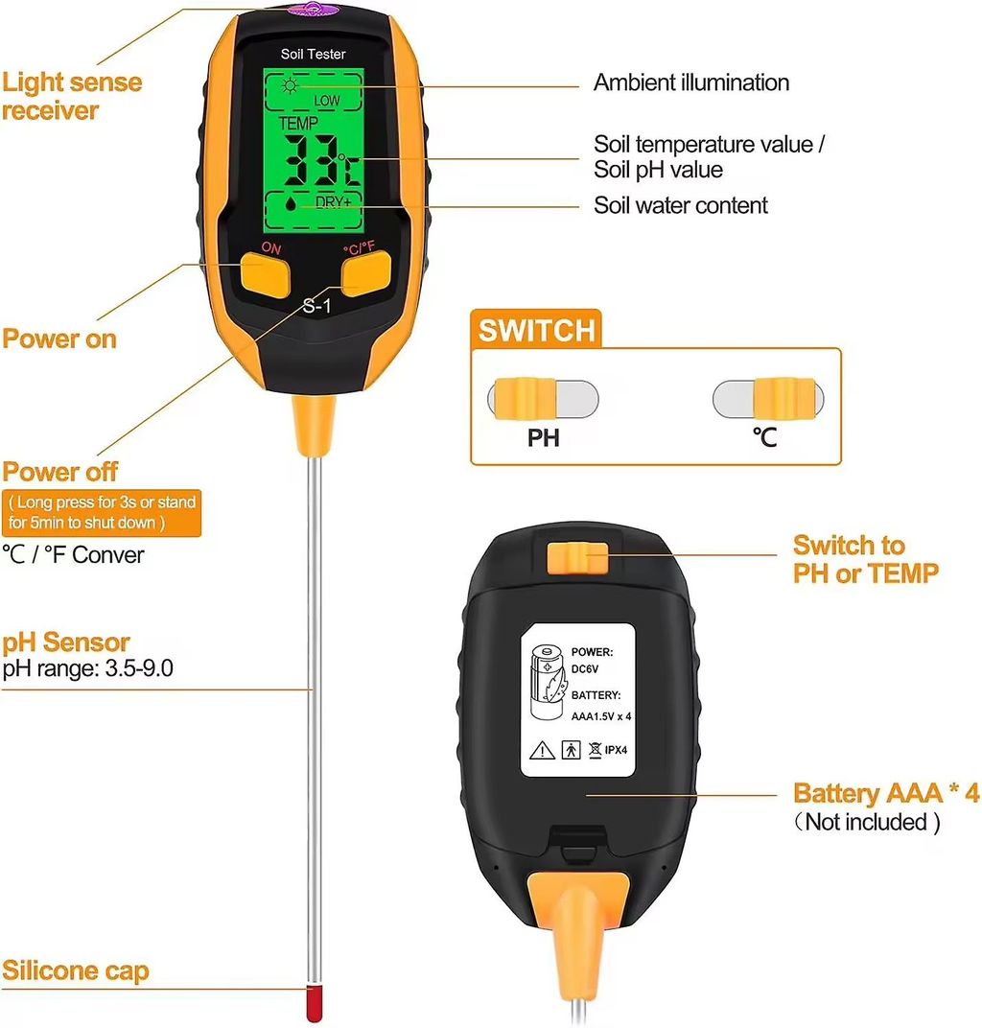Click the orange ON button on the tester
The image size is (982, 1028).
tap(266, 273)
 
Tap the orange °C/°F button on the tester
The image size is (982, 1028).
tap(365, 275)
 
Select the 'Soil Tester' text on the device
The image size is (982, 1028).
tap(314, 55)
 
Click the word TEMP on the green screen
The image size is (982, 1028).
tap(297, 125)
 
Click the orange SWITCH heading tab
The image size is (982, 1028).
tap(537, 331)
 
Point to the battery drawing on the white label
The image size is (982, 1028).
tap(549, 684)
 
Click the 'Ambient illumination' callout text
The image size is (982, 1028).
tap(691, 82)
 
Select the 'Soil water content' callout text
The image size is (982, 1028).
tap(681, 204)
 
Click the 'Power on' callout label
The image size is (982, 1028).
tap(59, 339)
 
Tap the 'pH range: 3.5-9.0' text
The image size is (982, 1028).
tap(87, 668)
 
